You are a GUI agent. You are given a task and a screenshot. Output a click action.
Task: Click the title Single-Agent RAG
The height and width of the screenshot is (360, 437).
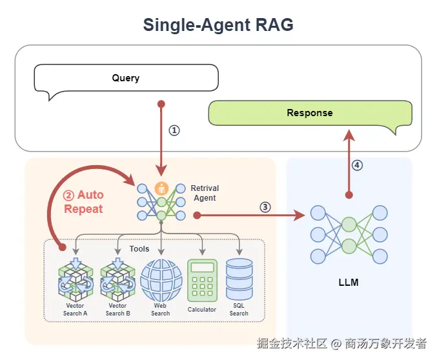(x=218, y=25)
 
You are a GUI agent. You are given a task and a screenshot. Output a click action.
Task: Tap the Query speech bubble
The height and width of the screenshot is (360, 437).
(x=126, y=79)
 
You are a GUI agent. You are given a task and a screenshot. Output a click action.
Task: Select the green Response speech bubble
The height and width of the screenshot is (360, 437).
(x=310, y=113)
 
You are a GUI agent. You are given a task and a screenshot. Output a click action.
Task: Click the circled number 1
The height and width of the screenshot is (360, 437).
(x=174, y=130)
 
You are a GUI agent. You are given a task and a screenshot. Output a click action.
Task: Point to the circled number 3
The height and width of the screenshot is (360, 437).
(x=265, y=207)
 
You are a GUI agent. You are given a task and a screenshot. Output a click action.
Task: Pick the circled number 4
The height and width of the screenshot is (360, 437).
(x=357, y=165)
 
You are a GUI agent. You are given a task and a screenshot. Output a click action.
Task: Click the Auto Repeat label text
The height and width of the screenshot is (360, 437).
(x=83, y=202)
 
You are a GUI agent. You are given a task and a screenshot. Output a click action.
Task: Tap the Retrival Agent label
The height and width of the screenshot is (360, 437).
(x=205, y=193)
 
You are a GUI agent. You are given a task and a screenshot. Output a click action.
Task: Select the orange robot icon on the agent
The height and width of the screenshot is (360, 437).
(x=162, y=188)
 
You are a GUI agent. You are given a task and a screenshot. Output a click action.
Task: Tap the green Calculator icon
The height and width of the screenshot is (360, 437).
(x=202, y=280)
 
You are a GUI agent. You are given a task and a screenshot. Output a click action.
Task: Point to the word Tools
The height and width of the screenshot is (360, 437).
(x=139, y=248)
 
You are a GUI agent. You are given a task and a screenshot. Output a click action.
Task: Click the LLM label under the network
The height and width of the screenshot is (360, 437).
(x=349, y=283)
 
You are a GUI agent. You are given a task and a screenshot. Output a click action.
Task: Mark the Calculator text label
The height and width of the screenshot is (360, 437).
(x=202, y=310)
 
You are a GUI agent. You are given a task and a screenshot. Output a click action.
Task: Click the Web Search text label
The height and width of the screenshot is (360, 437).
(x=161, y=310)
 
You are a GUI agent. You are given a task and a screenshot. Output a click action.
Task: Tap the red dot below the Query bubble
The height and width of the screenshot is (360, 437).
(x=161, y=103)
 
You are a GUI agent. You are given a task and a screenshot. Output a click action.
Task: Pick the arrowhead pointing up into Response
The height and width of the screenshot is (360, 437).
(x=349, y=134)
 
